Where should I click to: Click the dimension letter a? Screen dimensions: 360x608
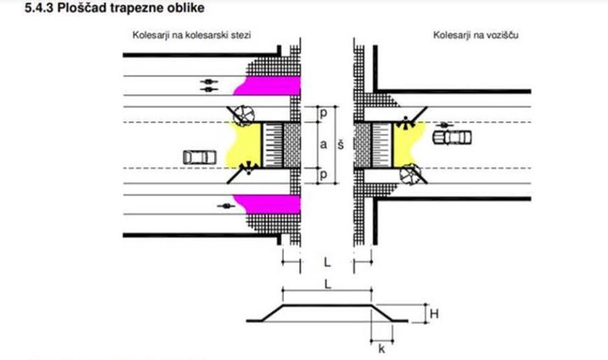[x=323, y=144]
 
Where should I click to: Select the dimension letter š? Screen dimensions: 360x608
[x=340, y=145]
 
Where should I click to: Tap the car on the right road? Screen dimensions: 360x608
[x=453, y=137]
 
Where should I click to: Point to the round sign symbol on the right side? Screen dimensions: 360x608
[x=410, y=173]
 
